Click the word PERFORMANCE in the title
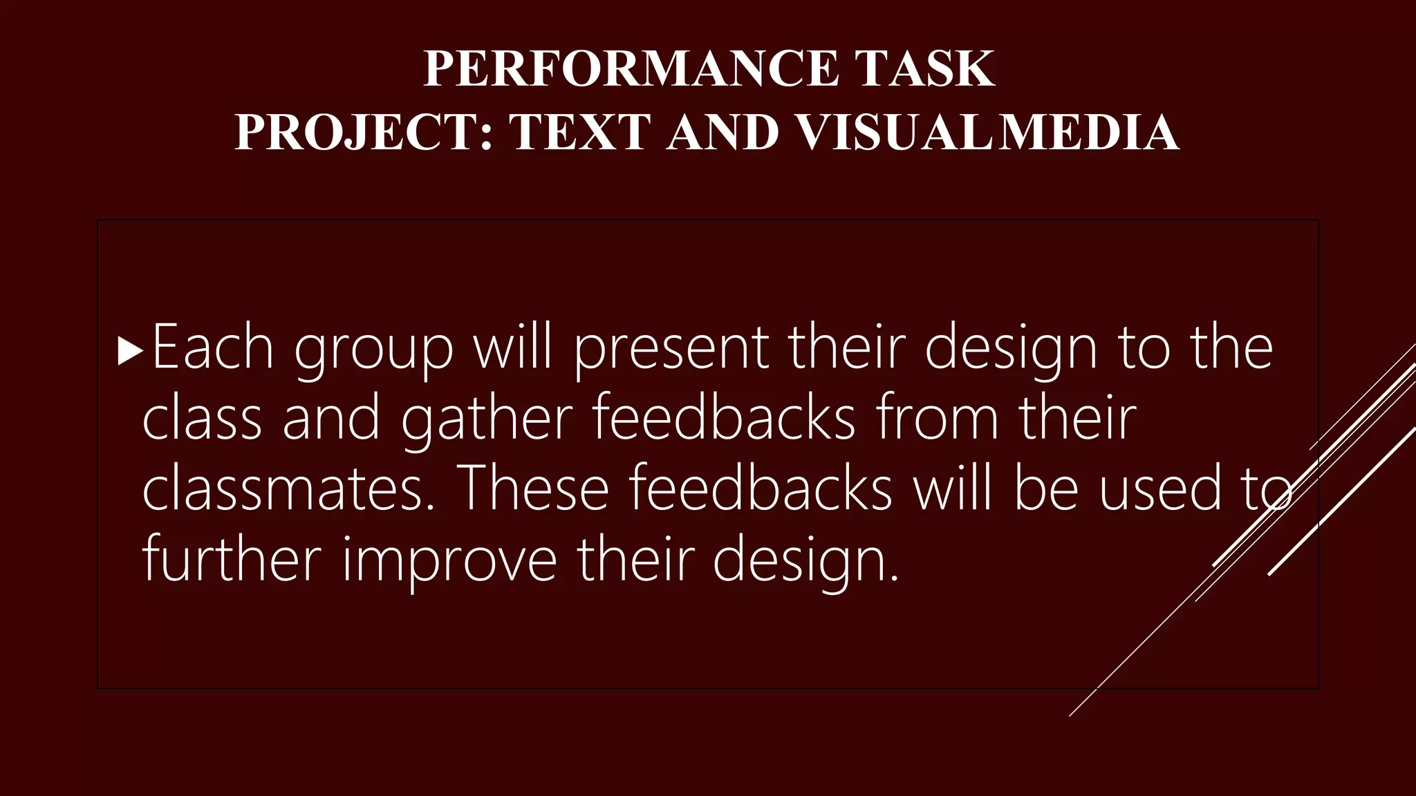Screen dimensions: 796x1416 tap(631, 68)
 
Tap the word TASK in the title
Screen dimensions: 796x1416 tap(924, 68)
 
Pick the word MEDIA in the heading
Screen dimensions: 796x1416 tap(1090, 132)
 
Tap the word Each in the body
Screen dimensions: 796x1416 tap(212, 348)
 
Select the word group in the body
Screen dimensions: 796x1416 tap(373, 351)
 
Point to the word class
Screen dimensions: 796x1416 tap(202, 419)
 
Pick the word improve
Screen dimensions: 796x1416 tap(449, 562)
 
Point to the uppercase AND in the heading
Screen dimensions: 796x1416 tap(723, 132)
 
